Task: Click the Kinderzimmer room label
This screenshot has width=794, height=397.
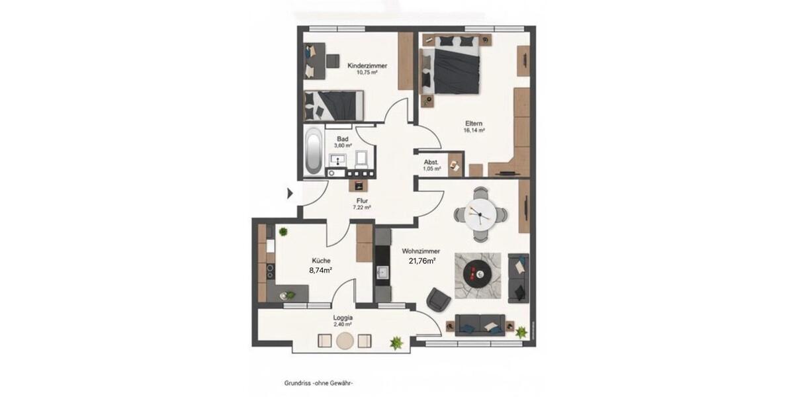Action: (367, 66)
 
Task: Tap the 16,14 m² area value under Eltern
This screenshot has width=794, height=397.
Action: (474, 131)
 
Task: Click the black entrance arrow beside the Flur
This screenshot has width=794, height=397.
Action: (290, 194)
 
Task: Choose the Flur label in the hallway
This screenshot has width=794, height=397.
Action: (361, 200)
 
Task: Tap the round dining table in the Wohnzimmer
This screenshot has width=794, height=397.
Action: (480, 214)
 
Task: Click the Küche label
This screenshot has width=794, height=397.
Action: (320, 261)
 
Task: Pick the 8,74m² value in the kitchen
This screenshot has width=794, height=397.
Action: (320, 271)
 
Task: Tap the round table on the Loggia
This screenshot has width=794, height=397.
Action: (345, 341)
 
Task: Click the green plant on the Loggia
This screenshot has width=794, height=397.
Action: (396, 342)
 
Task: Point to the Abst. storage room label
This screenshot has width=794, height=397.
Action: (431, 161)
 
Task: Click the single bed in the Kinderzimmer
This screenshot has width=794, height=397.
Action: (335, 105)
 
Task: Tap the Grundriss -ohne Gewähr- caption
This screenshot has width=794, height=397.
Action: (319, 382)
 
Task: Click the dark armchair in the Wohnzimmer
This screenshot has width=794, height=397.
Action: (438, 300)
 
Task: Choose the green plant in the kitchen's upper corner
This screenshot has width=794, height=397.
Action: (283, 232)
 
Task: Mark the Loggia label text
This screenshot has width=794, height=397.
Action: (342, 317)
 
